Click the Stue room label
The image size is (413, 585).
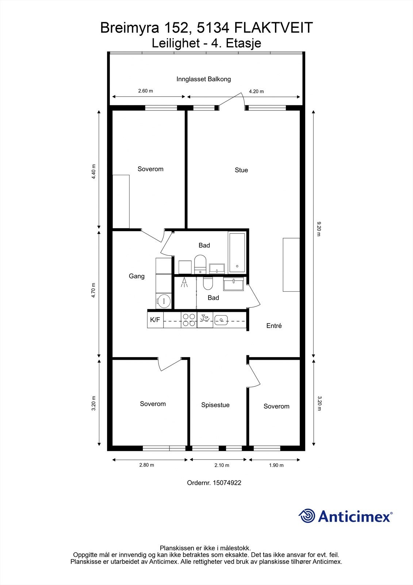click(241, 170)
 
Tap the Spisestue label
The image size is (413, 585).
click(215, 405)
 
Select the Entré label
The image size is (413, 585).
click(274, 326)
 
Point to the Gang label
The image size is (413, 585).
click(137, 276)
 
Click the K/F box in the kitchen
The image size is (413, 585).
click(155, 320)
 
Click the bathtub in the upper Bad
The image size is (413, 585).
click(237, 253)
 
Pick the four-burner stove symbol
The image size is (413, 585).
click(189, 320)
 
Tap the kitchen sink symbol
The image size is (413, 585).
click(221, 320)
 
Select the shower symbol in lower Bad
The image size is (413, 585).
click(184, 283)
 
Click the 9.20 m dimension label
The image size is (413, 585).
click(319, 229)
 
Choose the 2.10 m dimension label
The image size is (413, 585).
click(222, 465)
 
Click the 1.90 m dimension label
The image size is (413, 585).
click(276, 465)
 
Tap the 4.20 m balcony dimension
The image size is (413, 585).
click(256, 91)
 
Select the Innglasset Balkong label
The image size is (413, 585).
click(203, 79)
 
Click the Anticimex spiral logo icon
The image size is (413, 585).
click(307, 516)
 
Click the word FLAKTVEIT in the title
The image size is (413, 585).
click(273, 28)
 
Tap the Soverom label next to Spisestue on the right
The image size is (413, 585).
click(276, 406)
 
